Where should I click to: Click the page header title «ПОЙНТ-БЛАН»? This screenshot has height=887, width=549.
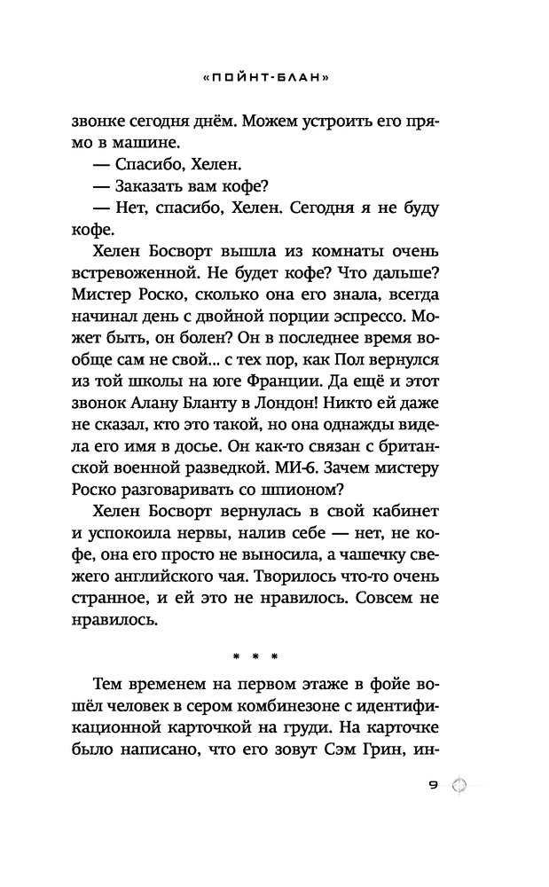coord(274,77)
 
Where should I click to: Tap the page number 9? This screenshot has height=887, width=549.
coord(435,784)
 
